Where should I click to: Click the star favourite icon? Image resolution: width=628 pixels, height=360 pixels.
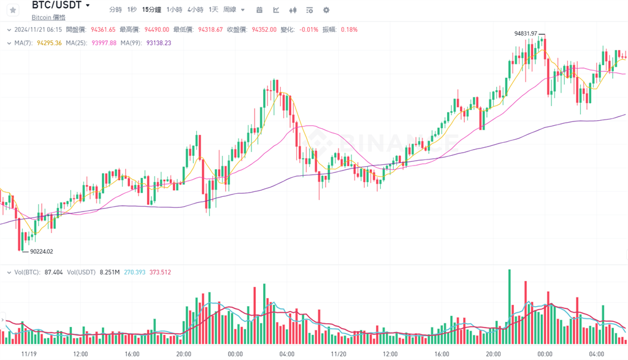pyautogui.click(x=13, y=10)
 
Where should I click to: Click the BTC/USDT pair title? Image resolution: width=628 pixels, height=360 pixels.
pyautogui.click(x=56, y=6)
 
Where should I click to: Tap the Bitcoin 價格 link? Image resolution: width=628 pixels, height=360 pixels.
pyautogui.click(x=48, y=17)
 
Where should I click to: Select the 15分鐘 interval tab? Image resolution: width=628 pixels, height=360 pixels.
pyautogui.click(x=151, y=10)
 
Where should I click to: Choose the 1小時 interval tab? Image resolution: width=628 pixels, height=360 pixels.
pyautogui.click(x=174, y=10)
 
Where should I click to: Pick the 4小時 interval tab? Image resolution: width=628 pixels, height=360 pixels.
pyautogui.click(x=195, y=10)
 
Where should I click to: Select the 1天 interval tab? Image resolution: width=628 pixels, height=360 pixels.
pyautogui.click(x=213, y=10)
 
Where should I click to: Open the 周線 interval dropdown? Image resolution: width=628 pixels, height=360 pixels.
pyautogui.click(x=234, y=10)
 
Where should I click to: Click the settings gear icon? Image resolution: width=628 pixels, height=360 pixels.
pyautogui.click(x=326, y=10)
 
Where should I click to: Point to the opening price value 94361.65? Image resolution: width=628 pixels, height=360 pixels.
pyautogui.click(x=103, y=29)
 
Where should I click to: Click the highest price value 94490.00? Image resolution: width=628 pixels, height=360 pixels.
pyautogui.click(x=156, y=29)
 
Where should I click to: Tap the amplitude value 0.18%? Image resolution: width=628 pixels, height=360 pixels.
pyautogui.click(x=349, y=29)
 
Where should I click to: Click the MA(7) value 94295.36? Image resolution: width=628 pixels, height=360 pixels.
pyautogui.click(x=49, y=43)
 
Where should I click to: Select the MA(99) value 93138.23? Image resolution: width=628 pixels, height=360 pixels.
pyautogui.click(x=159, y=43)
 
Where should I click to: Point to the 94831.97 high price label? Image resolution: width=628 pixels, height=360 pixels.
pyautogui.click(x=526, y=33)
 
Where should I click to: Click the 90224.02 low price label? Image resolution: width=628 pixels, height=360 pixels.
pyautogui.click(x=42, y=251)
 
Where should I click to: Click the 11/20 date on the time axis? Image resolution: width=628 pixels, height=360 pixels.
pyautogui.click(x=338, y=354)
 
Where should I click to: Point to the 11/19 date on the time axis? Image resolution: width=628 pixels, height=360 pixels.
pyautogui.click(x=29, y=354)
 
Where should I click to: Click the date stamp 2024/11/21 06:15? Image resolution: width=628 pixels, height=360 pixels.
pyautogui.click(x=37, y=29)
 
